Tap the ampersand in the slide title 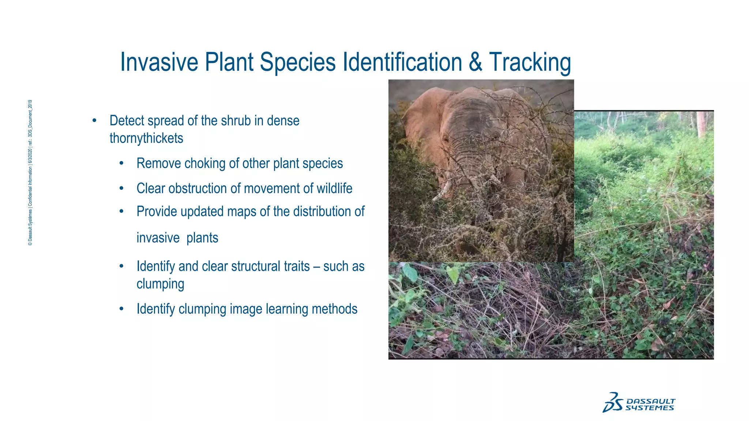click(475, 62)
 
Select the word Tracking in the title click(530, 62)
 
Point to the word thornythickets click(146, 138)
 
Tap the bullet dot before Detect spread click(94, 121)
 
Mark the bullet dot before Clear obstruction click(121, 189)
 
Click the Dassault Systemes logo click(639, 403)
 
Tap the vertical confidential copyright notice click(30, 172)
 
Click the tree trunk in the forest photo click(701, 124)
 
